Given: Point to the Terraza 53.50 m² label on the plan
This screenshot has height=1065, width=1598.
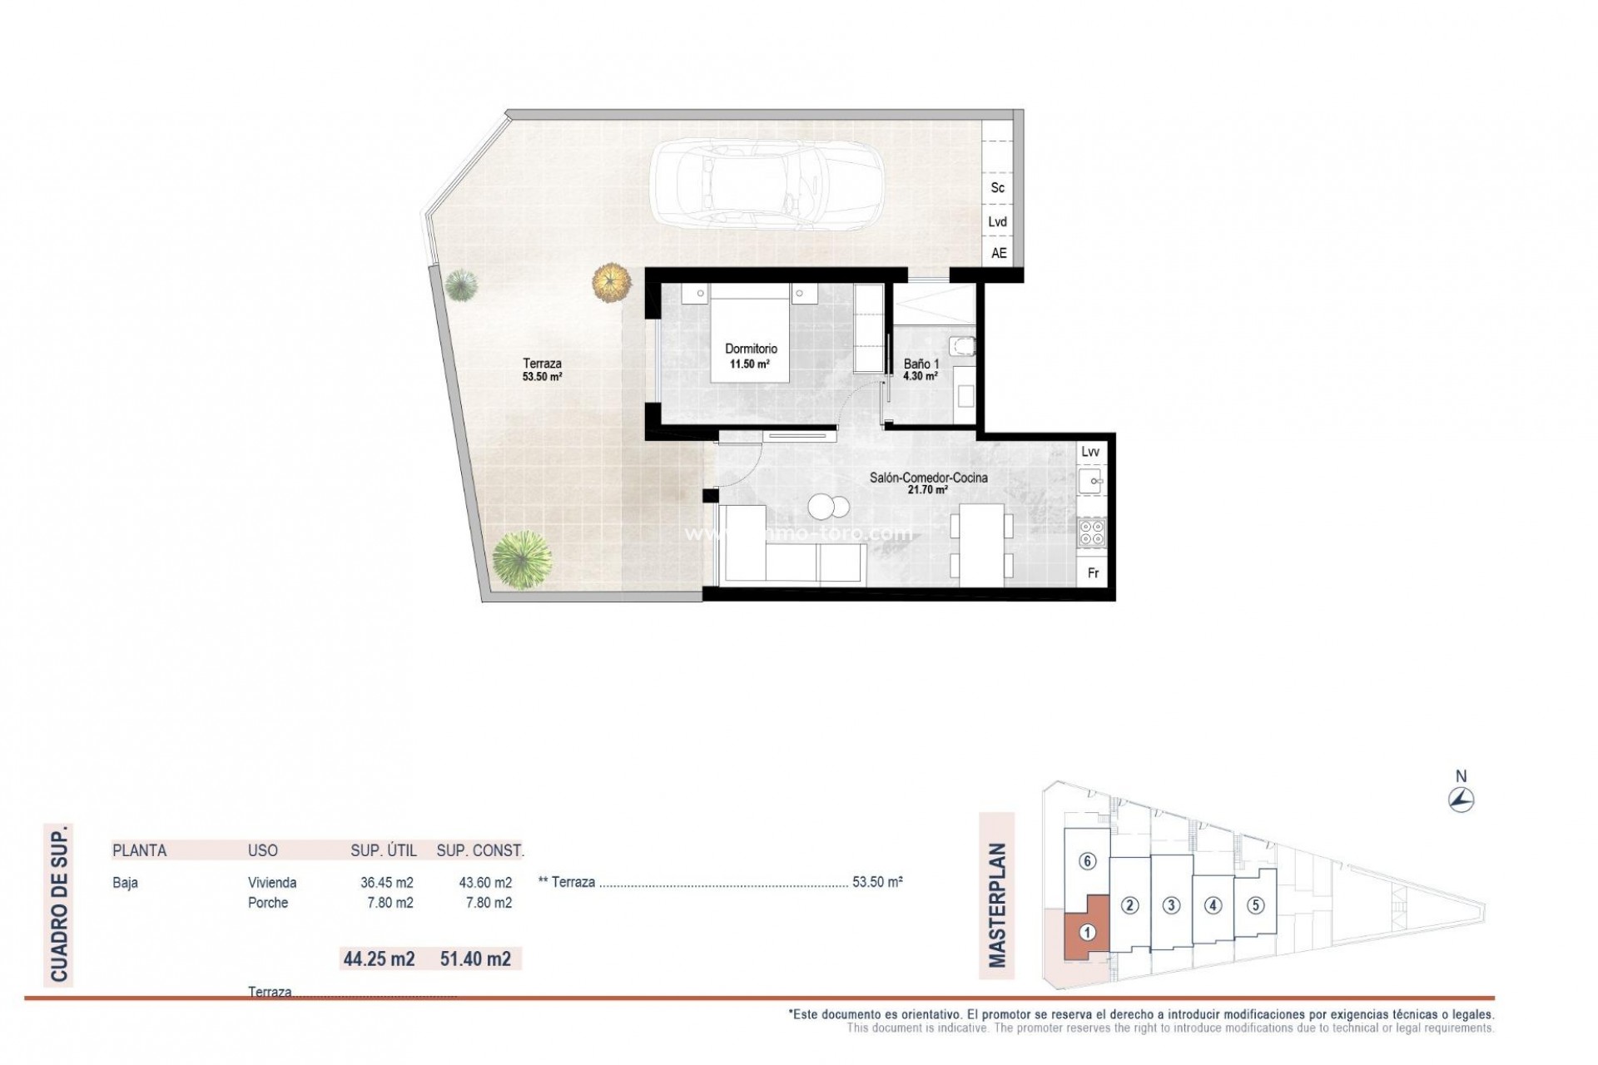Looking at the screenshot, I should (x=542, y=369).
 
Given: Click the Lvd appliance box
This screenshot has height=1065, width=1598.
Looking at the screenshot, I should (x=997, y=221).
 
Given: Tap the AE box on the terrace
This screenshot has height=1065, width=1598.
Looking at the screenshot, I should (x=998, y=253).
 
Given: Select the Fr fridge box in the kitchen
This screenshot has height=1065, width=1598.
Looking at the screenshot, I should (x=1093, y=573).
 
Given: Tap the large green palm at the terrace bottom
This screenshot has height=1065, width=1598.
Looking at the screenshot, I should (x=521, y=561).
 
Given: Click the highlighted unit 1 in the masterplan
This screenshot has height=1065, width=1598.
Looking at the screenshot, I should (x=1086, y=933).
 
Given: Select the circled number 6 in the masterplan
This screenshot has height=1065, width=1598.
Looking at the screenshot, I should (x=1087, y=861).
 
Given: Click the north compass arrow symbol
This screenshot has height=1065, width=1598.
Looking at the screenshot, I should (x=1461, y=800).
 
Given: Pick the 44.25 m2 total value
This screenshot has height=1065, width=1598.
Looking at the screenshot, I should (x=379, y=958).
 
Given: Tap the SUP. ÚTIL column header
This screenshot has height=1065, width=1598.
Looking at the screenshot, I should (x=383, y=850).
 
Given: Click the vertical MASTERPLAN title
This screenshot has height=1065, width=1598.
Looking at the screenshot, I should (x=997, y=906).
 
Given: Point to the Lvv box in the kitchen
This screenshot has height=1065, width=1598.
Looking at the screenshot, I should (x=1089, y=452).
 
